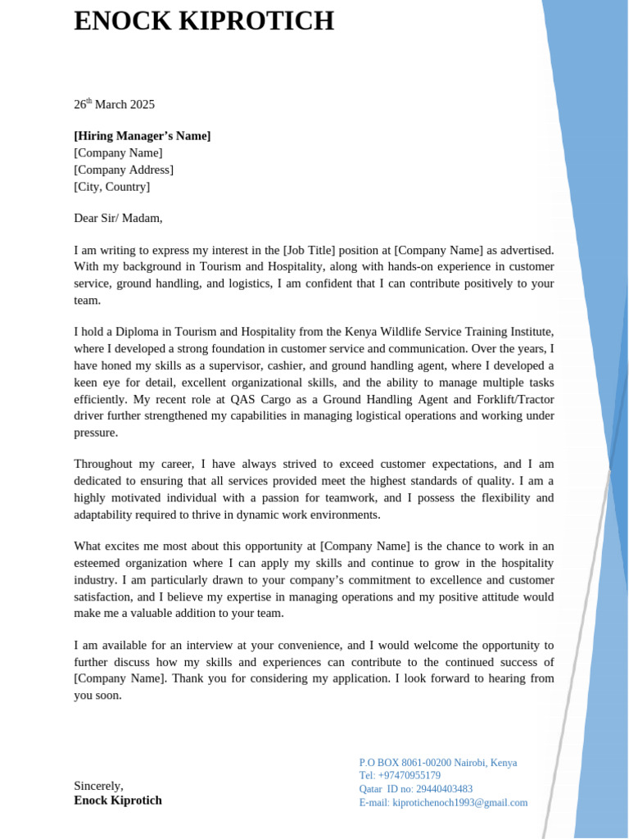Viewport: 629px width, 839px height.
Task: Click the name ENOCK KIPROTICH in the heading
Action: click(x=204, y=21)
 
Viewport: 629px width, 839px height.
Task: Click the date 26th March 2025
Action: click(x=114, y=104)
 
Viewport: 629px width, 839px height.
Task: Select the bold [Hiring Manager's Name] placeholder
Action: click(x=142, y=136)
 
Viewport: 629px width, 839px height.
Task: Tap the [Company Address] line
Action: click(x=124, y=170)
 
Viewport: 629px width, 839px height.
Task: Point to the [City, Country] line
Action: click(x=112, y=187)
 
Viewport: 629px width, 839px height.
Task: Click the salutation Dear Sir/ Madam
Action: click(x=118, y=218)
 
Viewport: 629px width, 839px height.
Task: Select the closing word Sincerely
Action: click(x=98, y=785)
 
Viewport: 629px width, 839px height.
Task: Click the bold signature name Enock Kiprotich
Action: click(x=118, y=800)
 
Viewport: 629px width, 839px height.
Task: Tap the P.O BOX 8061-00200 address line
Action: click(x=438, y=763)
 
